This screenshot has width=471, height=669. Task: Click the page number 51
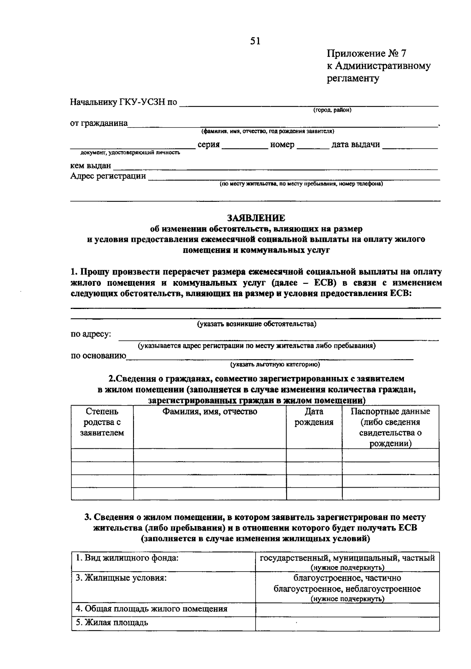click(x=255, y=41)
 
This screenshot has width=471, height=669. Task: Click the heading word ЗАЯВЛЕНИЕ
click(x=256, y=218)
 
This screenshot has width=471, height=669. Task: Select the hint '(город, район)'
click(x=332, y=110)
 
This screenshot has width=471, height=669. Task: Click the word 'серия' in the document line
click(x=208, y=144)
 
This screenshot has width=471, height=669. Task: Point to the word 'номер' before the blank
click(x=282, y=144)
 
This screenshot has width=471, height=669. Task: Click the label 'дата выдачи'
click(x=356, y=144)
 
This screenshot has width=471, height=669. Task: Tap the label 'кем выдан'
click(x=90, y=166)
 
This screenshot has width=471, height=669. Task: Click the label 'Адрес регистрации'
click(x=108, y=176)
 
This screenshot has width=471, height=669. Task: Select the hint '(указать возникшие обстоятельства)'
click(x=257, y=324)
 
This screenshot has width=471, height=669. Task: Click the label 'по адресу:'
click(x=91, y=334)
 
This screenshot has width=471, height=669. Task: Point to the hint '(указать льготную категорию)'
click(x=275, y=365)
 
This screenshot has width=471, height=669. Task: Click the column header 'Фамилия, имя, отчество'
click(x=210, y=411)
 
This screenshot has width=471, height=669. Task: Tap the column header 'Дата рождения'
click(x=314, y=417)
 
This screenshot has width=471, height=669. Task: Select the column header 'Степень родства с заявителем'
click(x=102, y=422)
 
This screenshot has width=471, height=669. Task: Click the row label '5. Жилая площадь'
click(x=112, y=623)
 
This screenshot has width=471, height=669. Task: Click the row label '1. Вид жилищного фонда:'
click(x=127, y=558)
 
